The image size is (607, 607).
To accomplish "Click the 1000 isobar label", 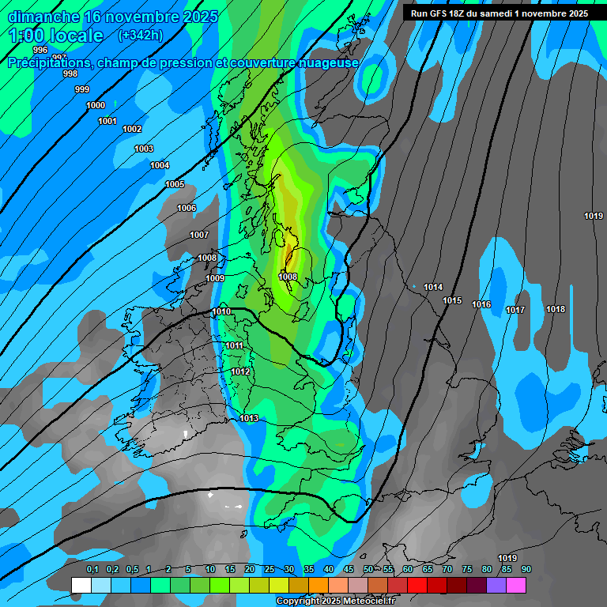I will pos(96,105).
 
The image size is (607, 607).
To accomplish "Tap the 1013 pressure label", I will pos(249,418).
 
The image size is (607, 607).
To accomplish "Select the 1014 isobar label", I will pos(433,287).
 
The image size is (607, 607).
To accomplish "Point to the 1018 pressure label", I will pos(556,309).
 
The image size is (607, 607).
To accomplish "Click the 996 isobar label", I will pos(40,50).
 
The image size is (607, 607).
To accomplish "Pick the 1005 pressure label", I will pos(175,184).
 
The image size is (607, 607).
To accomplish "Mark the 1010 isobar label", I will pos(221,311).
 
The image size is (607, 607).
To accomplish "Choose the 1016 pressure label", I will pos(481,304).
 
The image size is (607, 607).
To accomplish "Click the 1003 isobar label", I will pos(144,149).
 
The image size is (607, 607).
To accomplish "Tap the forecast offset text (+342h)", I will pos(140,36).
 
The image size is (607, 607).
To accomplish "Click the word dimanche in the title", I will pos(43,17).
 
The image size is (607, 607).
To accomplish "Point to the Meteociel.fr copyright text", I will pos(336,601).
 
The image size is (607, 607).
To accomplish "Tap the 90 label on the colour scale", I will pos(526,570).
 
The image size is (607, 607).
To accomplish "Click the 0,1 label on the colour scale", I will pos(92,570).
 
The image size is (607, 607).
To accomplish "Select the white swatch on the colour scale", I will pos(81,585).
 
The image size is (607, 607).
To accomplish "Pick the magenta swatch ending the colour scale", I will pos(516,585).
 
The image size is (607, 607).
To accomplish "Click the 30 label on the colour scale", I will pos(289,570).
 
